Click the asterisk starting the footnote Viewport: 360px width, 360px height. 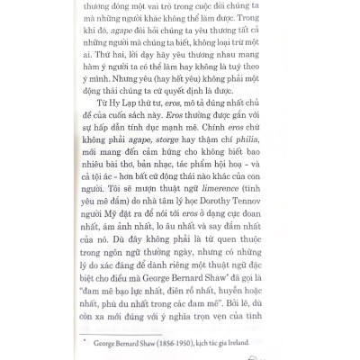pos(108,343)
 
